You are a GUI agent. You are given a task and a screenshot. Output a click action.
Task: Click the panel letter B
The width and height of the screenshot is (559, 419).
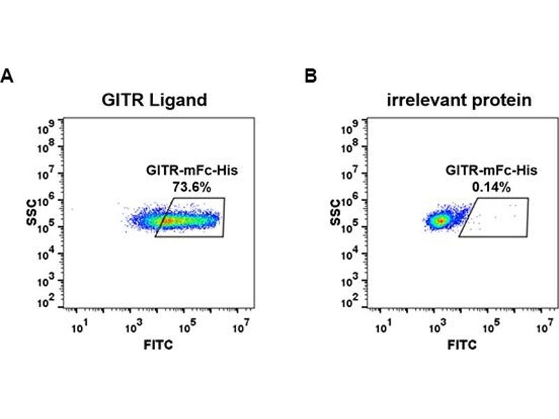[311, 75]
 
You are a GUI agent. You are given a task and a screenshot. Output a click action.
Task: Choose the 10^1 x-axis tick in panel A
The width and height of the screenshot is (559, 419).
[78, 326]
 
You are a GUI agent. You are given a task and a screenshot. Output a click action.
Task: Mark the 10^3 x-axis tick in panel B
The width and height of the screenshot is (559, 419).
[437, 326]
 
